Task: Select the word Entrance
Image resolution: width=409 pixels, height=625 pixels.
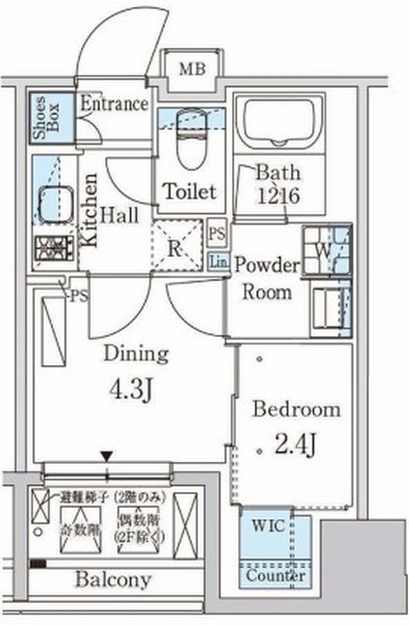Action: coord(113,104)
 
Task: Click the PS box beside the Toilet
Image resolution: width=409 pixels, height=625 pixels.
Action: coord(218,234)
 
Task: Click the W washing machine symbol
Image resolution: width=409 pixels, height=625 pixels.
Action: coord(325,248)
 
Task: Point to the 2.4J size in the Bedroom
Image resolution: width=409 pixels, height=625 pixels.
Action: coord(294,447)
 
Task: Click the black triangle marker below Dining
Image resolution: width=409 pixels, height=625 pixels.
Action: coord(106,456)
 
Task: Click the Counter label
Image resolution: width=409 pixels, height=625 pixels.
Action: coord(274,577)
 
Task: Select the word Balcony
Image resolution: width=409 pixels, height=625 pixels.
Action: coord(114,580)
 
